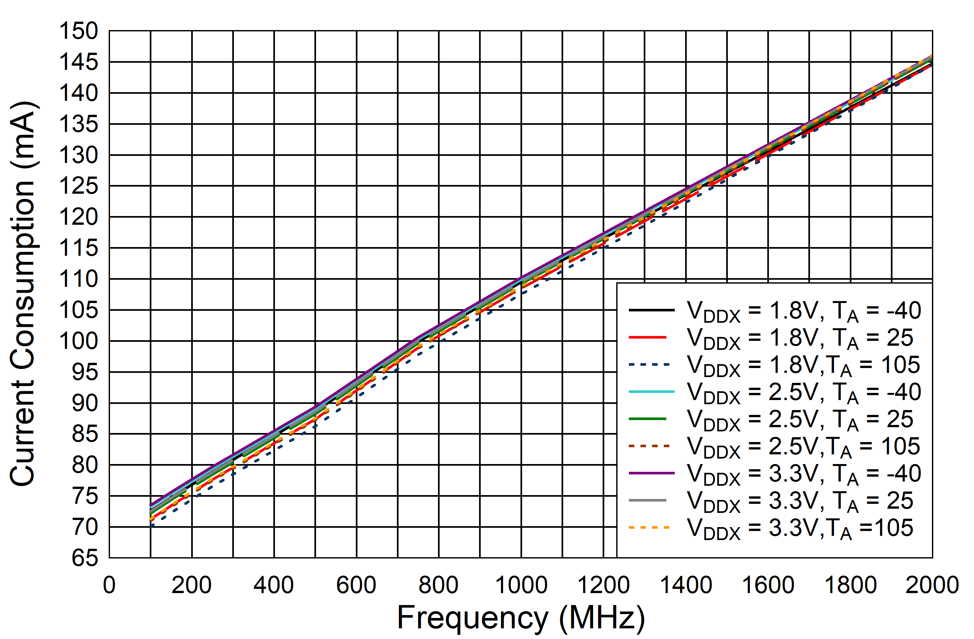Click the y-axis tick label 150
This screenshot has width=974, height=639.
tap(79, 31)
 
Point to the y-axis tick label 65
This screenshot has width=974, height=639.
tap(85, 558)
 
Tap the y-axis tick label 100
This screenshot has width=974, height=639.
tap(79, 341)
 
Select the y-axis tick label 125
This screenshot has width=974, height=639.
tap(79, 186)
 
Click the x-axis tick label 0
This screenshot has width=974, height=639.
tap(109, 585)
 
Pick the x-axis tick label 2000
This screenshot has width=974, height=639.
tap(932, 585)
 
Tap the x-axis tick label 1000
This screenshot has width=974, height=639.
tap(521, 585)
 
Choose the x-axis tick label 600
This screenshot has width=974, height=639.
tap(356, 585)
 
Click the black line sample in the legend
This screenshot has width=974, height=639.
tap(651, 310)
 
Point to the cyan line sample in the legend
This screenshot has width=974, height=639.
tap(651, 392)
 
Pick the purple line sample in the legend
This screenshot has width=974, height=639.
tap(651, 473)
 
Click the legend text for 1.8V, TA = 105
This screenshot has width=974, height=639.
tap(803, 365)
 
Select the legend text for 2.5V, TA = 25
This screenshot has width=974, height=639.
tap(800, 420)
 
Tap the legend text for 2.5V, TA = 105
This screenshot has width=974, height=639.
tap(803, 447)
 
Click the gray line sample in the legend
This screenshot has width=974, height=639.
tap(647, 500)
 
